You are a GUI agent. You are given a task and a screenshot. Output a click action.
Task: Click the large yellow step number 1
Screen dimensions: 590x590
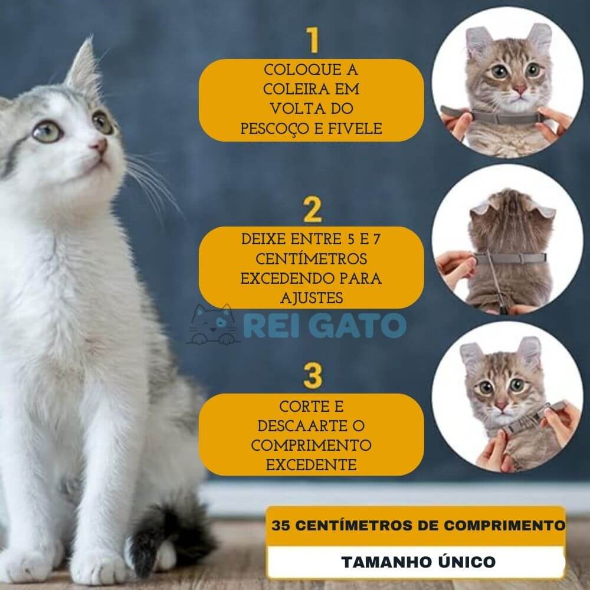313,40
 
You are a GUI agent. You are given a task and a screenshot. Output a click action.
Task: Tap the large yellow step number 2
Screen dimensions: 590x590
312,209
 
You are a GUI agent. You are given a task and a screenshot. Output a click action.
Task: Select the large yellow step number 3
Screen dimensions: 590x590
312,375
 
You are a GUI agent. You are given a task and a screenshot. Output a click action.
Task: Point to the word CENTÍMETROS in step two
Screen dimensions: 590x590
311,259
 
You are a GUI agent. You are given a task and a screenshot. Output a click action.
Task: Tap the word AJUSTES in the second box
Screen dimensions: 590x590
312,298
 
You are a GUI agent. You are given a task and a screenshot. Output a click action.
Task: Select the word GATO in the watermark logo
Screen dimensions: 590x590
359,326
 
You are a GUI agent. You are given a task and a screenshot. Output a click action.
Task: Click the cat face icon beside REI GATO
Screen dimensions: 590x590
212,324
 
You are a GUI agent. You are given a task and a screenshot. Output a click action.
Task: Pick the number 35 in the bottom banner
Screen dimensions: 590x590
280,525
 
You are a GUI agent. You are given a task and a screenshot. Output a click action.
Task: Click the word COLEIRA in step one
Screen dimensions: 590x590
291,90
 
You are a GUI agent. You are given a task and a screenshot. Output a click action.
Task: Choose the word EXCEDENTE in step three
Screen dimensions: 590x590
311,465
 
